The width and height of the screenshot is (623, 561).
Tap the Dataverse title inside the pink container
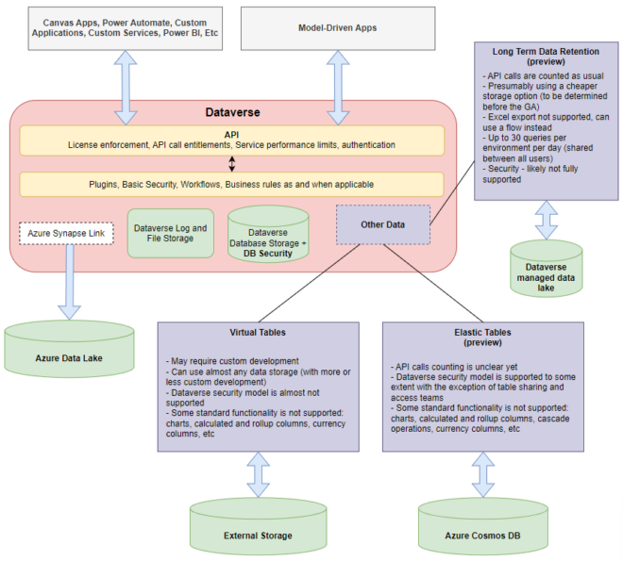point(232,112)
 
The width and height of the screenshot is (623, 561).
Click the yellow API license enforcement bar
point(232,140)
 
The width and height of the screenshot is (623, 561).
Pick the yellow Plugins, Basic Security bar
point(232,183)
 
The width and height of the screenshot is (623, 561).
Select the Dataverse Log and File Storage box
point(171,233)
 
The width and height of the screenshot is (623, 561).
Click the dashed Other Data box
point(382,225)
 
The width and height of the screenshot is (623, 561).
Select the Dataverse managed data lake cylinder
point(546,268)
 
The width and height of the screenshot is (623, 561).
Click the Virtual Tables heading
point(258,333)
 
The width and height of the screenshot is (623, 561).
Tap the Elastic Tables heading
point(482,338)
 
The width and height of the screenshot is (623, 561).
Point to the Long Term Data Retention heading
point(547,54)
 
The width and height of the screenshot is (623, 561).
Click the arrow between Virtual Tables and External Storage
point(258,473)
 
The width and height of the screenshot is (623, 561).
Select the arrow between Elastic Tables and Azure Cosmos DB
point(482,473)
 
